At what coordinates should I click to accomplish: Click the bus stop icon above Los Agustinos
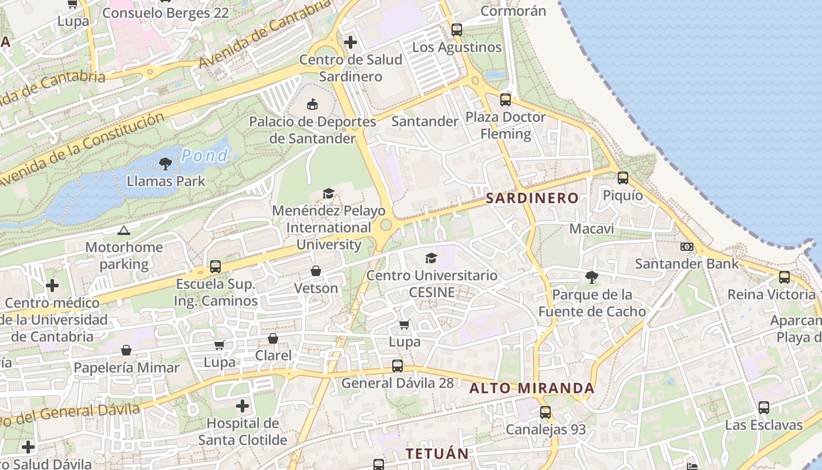[x=457, y=30]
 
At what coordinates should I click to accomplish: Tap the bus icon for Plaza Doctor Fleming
[x=506, y=100]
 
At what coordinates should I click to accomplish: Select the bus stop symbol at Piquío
[x=623, y=177]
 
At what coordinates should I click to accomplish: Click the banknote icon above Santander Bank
[x=687, y=247]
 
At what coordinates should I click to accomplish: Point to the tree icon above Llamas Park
[x=166, y=164]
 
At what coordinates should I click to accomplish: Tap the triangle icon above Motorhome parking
[x=123, y=230]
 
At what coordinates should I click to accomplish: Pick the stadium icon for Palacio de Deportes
[x=312, y=105]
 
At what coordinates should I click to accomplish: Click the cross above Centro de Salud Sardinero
[x=351, y=42]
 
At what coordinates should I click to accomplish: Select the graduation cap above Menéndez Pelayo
[x=328, y=193]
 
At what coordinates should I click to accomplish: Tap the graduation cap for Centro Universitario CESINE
[x=432, y=258]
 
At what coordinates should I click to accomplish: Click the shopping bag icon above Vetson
[x=316, y=271]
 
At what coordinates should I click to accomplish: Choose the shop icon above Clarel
[x=273, y=338]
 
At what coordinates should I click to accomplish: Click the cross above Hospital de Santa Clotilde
[x=242, y=406]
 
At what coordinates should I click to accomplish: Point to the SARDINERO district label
[x=533, y=198]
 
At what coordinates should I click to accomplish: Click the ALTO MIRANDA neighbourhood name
[x=532, y=388]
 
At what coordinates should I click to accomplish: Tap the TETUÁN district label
[x=437, y=454]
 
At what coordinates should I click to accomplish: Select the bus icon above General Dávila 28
[x=397, y=366]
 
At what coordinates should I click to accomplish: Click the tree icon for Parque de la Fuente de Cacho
[x=592, y=277]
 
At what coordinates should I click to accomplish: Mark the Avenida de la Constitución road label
[x=82, y=148]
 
